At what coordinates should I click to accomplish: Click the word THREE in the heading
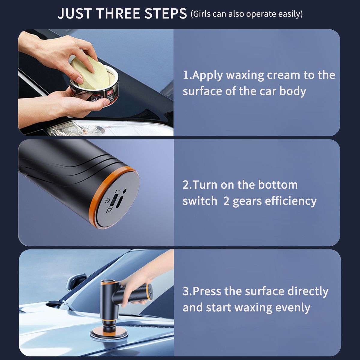(119, 13)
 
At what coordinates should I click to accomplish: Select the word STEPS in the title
(166, 13)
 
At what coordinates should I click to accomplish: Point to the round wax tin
(94, 88)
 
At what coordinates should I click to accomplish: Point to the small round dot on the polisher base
(124, 190)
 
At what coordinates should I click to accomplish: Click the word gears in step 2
(247, 201)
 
